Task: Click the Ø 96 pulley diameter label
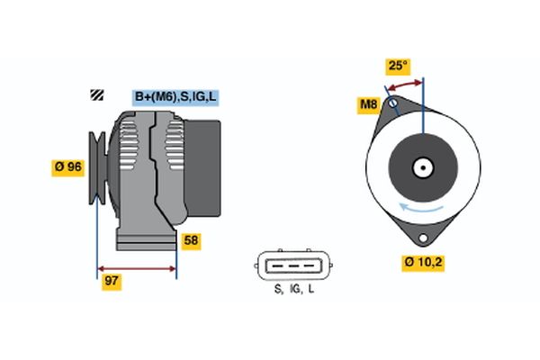click(70, 166)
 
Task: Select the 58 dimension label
click(191, 240)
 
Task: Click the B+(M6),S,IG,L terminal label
click(175, 96)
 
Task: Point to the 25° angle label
click(398, 66)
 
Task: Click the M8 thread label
click(369, 106)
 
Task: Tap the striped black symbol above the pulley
click(95, 95)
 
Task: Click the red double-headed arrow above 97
click(137, 268)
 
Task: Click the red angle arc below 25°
click(405, 84)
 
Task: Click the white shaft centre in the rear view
click(422, 166)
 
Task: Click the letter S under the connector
click(278, 291)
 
